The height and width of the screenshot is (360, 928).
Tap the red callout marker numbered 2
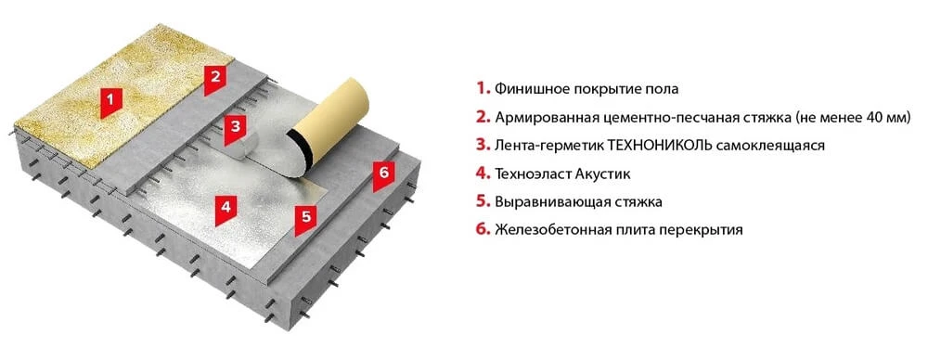pyautogui.click(x=215, y=80)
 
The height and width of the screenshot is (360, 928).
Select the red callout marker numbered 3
pyautogui.click(x=236, y=129)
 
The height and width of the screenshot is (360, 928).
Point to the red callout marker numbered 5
pyautogui.click(x=306, y=219)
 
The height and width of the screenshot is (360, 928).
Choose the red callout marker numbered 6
pyautogui.click(x=384, y=175)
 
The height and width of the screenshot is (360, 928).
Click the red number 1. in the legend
pyautogui.click(x=483, y=89)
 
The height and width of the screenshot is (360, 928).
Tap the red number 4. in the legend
pyautogui.click(x=483, y=174)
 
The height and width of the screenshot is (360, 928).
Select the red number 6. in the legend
pyautogui.click(x=483, y=229)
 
